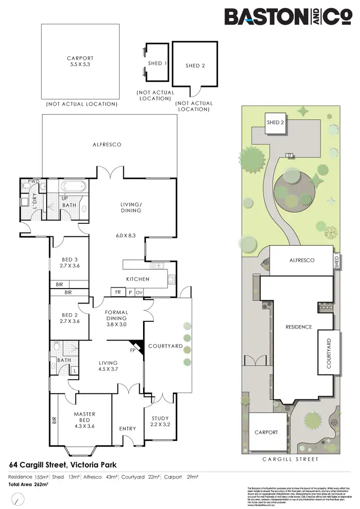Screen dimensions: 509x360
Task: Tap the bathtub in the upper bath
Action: tap(74, 187)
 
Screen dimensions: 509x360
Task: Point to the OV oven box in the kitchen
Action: tap(139, 292)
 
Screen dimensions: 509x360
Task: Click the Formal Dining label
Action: tap(117, 315)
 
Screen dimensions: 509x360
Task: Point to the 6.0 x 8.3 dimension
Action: tap(126, 236)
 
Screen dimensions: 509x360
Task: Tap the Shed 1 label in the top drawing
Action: tap(156, 63)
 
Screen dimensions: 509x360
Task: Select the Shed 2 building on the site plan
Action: tap(276, 123)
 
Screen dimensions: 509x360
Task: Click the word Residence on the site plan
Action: tap(299, 327)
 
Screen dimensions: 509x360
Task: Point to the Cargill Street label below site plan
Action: tap(291, 460)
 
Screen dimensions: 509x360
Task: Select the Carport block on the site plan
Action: tap(266, 433)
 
